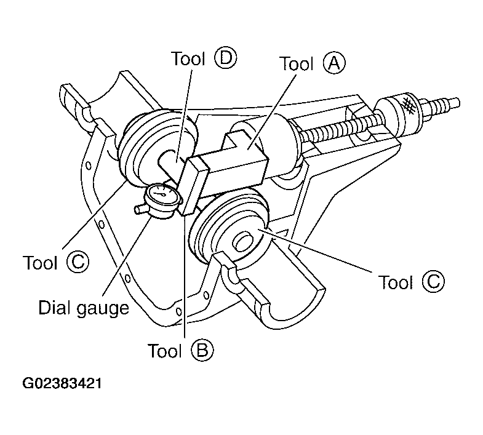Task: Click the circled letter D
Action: point(226,58)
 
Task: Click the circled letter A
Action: point(334,63)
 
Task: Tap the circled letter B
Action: point(202,350)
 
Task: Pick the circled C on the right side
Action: point(433,281)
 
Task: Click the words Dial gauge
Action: point(84,308)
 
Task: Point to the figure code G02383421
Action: point(62,383)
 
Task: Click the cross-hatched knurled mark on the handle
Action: point(408,105)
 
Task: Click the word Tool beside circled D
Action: point(188,58)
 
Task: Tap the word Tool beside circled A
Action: point(297,63)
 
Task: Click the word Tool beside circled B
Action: point(165,351)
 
